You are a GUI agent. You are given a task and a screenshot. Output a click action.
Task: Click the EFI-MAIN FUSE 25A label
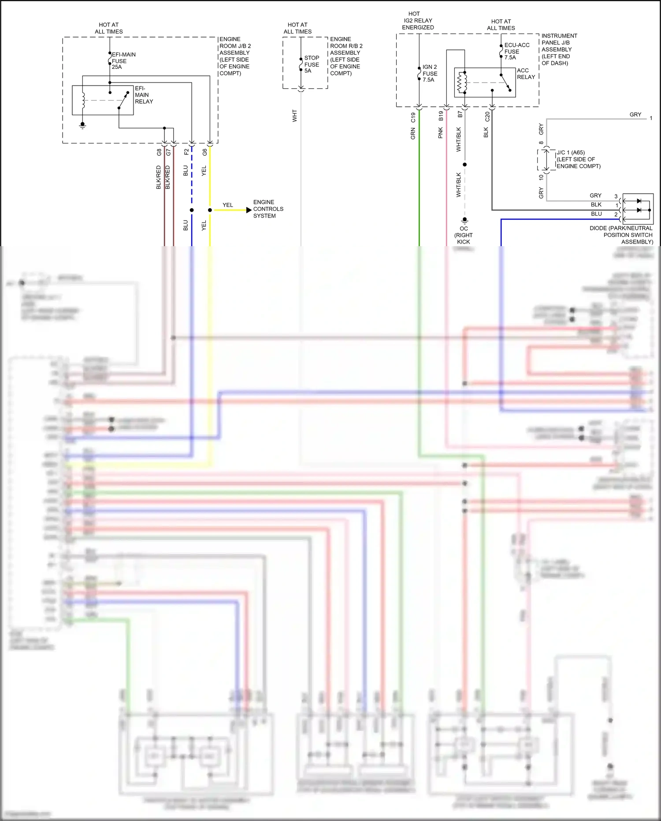pyautogui.click(x=123, y=61)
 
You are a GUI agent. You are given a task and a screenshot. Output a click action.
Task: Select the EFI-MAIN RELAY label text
pyautogui.click(x=143, y=95)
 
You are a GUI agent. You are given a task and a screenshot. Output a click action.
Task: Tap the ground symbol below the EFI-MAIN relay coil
pyautogui.click(x=82, y=126)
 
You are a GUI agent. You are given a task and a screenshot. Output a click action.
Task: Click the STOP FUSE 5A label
pyautogui.click(x=312, y=64)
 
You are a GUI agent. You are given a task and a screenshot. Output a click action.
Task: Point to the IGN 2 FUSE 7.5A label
pyautogui.click(x=430, y=73)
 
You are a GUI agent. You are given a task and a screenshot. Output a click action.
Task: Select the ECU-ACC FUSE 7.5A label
pyautogui.click(x=516, y=51)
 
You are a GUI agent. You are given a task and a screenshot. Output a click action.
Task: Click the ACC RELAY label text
pyautogui.click(x=526, y=74)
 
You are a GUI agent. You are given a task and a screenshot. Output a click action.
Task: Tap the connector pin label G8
pyautogui.click(x=159, y=152)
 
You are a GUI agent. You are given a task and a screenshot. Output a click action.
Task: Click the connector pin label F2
pyautogui.click(x=186, y=152)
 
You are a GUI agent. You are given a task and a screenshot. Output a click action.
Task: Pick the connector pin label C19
pyautogui.click(x=413, y=117)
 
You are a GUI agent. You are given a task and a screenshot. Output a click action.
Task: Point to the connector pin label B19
pyautogui.click(x=441, y=116)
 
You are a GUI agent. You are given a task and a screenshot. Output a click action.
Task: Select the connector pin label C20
pyautogui.click(x=487, y=117)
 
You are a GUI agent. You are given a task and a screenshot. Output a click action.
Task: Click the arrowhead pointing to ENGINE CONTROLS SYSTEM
pyautogui.click(x=249, y=210)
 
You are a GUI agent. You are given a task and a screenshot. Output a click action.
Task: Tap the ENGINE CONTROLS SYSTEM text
pyautogui.click(x=268, y=209)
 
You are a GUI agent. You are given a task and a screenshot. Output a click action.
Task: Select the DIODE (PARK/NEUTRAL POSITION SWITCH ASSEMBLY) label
pyautogui.click(x=621, y=235)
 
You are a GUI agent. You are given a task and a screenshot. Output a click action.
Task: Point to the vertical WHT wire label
pyautogui.click(x=294, y=116)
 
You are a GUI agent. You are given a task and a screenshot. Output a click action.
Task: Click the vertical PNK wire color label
pyautogui.click(x=440, y=133)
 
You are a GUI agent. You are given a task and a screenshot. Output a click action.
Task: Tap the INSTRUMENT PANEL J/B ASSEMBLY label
pyautogui.click(x=559, y=49)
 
